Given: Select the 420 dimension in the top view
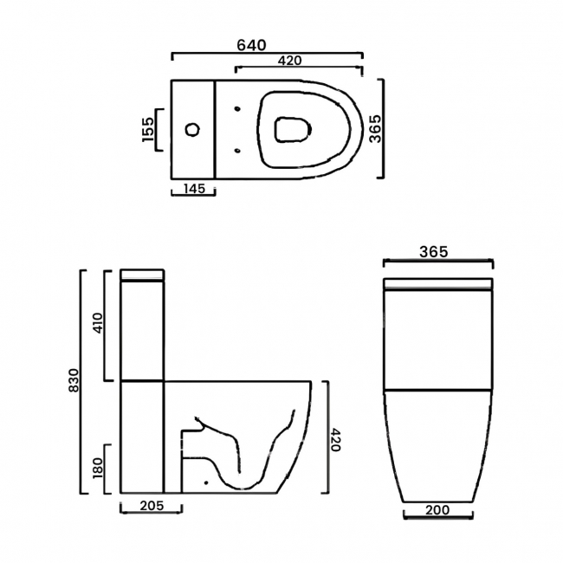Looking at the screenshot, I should (289, 61).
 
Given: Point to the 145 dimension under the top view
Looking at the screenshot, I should (193, 189).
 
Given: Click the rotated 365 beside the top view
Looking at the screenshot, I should (375, 129).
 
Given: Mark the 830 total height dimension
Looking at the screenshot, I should (74, 382).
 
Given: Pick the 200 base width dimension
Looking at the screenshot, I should (438, 512).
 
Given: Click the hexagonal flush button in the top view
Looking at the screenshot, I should (192, 130).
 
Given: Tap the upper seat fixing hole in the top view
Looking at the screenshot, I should (237, 108).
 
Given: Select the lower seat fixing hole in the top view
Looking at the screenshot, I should (237, 151).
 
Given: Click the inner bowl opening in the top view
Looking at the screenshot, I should (292, 131).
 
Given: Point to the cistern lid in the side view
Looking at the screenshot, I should (142, 275).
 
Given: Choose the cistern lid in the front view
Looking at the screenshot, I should (437, 284).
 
